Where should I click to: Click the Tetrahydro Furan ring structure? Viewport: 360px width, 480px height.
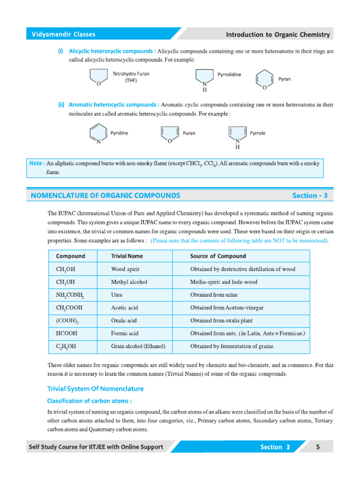(98, 77)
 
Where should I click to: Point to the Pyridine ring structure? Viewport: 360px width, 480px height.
(98, 134)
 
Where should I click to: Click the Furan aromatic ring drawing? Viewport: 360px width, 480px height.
(169, 134)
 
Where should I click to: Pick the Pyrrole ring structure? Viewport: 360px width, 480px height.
(237, 135)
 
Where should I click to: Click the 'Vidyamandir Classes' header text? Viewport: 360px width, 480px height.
(63, 34)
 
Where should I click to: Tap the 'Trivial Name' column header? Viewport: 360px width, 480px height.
(127, 256)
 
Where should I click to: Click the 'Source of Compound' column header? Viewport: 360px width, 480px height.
(217, 256)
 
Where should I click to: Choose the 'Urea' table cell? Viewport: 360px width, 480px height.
(117, 295)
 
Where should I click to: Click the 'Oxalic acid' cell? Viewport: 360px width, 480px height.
(124, 321)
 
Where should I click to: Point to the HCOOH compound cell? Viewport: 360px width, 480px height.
(67, 333)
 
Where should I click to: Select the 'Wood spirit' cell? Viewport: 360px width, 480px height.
(125, 270)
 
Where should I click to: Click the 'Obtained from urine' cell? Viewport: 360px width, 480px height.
(214, 295)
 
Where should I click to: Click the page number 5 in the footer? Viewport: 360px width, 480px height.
(318, 447)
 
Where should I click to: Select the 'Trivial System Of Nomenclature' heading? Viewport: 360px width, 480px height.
(96, 389)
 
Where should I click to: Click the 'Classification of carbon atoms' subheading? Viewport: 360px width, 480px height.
(89, 401)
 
